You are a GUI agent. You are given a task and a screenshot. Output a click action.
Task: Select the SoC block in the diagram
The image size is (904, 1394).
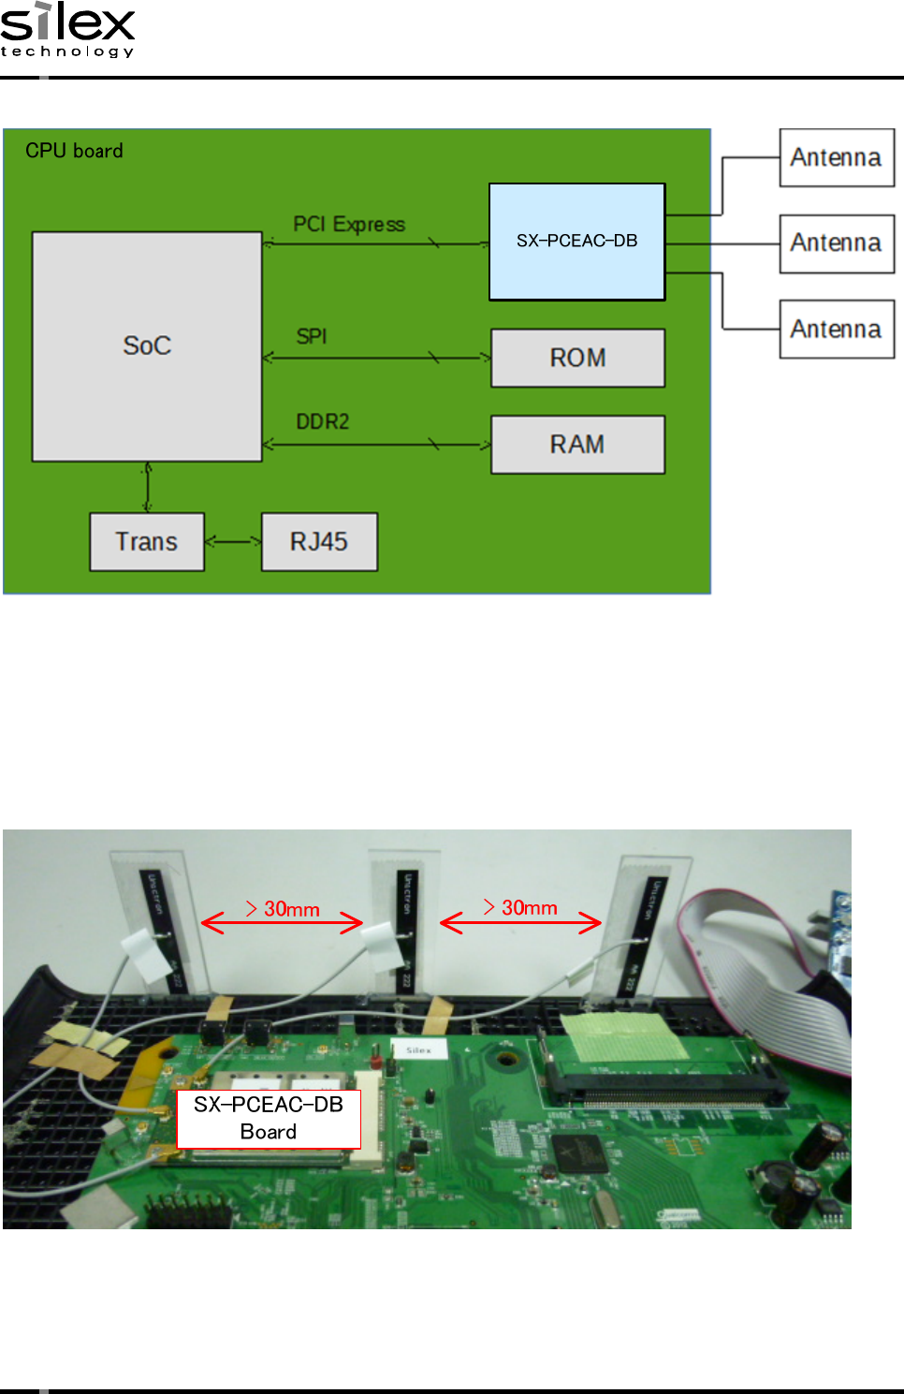pyautogui.click(x=147, y=346)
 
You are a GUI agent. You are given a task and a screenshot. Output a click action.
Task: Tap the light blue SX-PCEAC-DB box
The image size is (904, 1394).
pyautogui.click(x=576, y=242)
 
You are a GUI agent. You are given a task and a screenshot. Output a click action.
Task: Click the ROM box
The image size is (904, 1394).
pyautogui.click(x=577, y=358)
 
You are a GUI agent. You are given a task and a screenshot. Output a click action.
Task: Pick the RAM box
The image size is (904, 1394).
pyautogui.click(x=577, y=445)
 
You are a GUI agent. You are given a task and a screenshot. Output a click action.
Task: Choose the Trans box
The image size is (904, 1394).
pyautogui.click(x=147, y=542)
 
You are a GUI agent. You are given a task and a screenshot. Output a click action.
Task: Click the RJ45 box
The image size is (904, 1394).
pyautogui.click(x=319, y=542)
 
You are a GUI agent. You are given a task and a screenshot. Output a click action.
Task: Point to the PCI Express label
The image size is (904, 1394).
pyautogui.click(x=349, y=225)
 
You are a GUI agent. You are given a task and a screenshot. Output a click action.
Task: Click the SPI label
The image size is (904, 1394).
pyautogui.click(x=312, y=336)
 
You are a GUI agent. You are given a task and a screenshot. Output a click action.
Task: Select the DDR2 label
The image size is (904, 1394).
pyautogui.click(x=323, y=422)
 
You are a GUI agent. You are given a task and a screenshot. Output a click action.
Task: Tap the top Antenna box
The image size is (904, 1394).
pyautogui.click(x=837, y=157)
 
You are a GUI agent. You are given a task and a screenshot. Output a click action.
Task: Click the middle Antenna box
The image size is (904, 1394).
pyautogui.click(x=837, y=243)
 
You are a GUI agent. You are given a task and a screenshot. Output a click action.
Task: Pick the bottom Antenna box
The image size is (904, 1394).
pyautogui.click(x=837, y=330)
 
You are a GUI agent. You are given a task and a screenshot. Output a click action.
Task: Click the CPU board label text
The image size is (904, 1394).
pyautogui.click(x=74, y=151)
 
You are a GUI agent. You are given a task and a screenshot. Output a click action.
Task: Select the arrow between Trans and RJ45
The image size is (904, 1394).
pyautogui.click(x=233, y=541)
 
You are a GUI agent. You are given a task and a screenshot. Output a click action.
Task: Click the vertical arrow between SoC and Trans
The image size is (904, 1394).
pyautogui.click(x=148, y=487)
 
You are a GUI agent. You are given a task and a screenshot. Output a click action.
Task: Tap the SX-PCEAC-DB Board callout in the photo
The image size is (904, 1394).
pyautogui.click(x=269, y=1119)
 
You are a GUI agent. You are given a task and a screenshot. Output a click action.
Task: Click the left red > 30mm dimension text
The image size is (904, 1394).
pyautogui.click(x=283, y=909)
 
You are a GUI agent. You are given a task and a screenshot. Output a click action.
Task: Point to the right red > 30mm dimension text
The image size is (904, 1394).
pyautogui.click(x=520, y=907)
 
